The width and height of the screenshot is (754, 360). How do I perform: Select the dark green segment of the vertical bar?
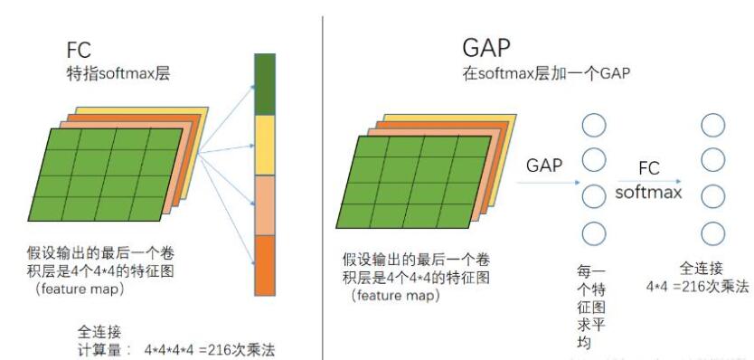265,84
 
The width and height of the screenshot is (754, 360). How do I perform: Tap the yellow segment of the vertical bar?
265,145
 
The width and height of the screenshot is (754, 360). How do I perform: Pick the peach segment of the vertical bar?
265,204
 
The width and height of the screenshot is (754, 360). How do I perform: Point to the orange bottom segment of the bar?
265,265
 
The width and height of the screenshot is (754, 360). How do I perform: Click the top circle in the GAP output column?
594,124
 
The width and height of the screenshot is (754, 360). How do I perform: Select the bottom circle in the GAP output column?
594,234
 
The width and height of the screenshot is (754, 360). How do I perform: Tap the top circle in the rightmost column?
713,124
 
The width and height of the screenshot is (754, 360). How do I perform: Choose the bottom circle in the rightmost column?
713,234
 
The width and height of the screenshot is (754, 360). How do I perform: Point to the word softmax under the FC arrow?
648,192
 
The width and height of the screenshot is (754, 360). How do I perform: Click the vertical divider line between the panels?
323,181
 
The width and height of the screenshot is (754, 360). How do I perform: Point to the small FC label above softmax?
648,168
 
